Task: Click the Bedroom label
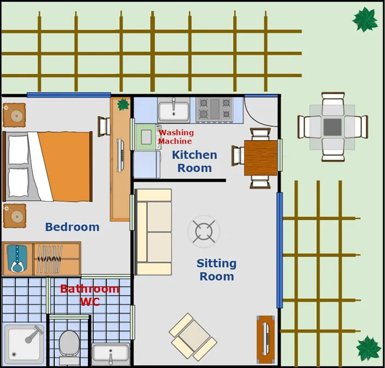[72, 227]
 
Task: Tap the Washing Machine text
[176, 137]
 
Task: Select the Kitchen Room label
[195, 161]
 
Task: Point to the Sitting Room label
[217, 270]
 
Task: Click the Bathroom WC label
[90, 295]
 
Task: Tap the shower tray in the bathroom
[24, 344]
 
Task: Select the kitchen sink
[174, 110]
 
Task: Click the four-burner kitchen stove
[215, 110]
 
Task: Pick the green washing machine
[147, 137]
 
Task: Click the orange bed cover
[65, 166]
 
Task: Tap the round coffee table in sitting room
[204, 231]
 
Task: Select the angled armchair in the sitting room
[193, 337]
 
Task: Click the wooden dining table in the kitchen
[261, 158]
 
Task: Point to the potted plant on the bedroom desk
[123, 105]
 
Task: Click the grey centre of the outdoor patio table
[332, 127]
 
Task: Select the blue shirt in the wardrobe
[16, 258]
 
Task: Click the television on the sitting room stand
[266, 339]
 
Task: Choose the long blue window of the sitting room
[279, 250]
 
